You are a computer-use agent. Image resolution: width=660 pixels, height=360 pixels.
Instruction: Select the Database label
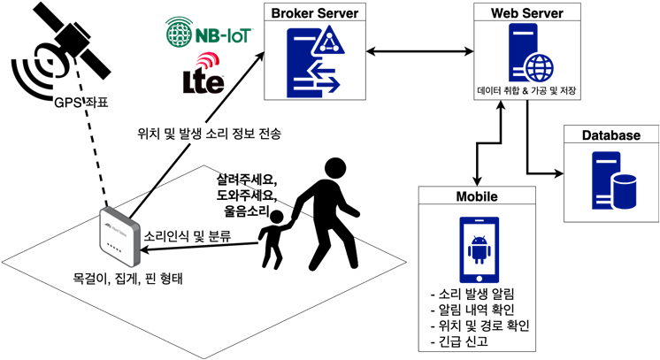pos(611,135)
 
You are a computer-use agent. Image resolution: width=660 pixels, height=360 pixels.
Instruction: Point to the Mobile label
pos(477,196)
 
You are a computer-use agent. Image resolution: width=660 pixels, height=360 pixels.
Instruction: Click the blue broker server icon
pos(315,61)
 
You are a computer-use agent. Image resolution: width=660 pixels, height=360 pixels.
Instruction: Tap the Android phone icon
pos(478,249)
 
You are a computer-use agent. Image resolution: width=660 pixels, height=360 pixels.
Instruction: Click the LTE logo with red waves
pos(203,74)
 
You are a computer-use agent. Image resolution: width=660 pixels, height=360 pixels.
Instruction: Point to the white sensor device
pos(119,237)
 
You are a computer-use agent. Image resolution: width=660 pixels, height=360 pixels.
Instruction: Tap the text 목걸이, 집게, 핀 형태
pos(134,278)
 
